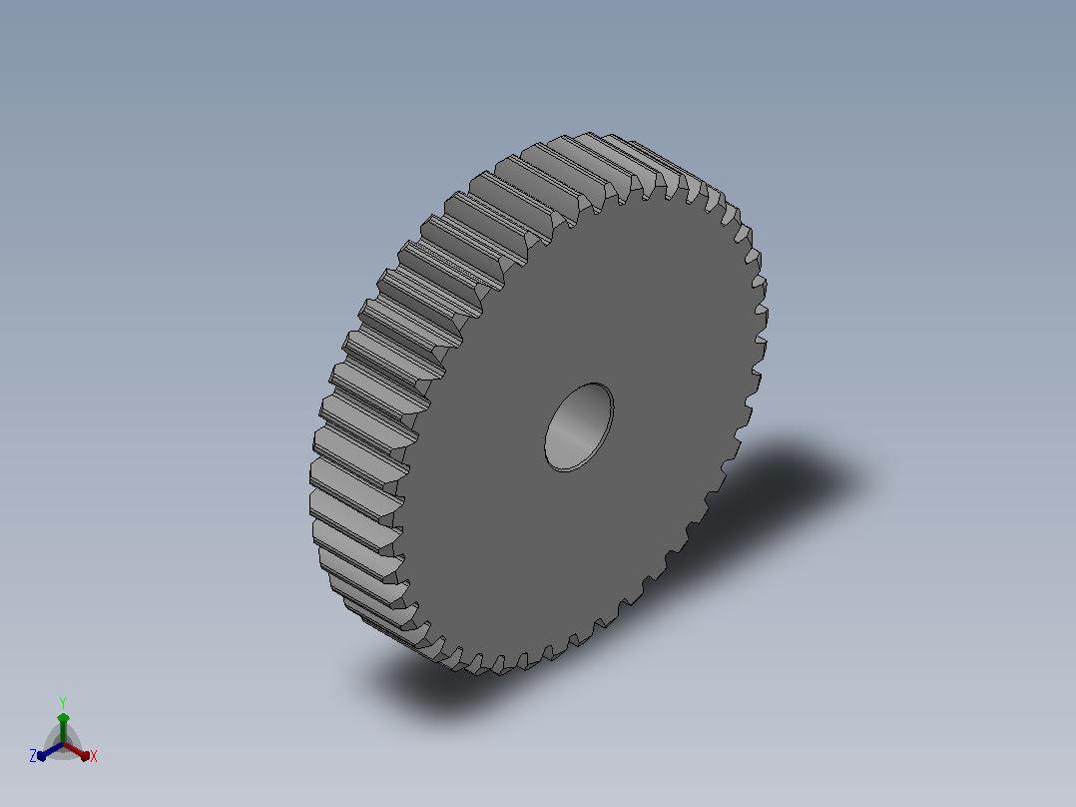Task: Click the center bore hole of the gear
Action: [x=579, y=427]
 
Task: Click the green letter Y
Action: [x=63, y=702]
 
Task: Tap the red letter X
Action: [x=94, y=756]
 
